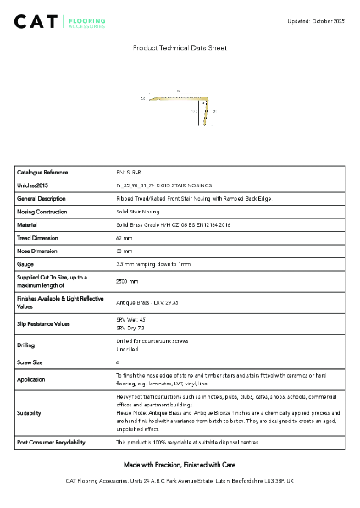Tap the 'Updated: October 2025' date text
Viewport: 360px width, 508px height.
[316, 19]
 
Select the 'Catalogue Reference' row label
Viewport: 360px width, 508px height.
[42, 172]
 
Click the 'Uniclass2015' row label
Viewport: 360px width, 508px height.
[33, 185]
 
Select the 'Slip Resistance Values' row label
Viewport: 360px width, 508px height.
[47, 324]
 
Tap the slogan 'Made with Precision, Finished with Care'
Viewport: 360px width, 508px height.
[180, 466]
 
